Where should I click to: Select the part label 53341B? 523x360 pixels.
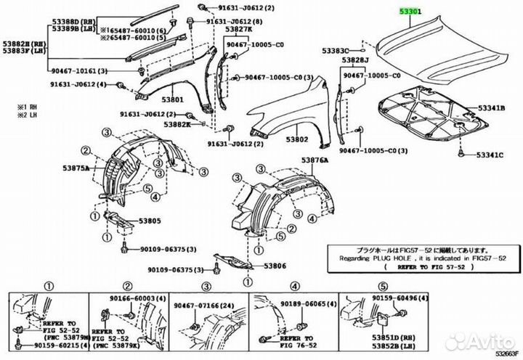tap(490, 108)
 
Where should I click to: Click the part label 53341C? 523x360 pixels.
tap(490, 155)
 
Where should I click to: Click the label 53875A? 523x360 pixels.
tap(75, 168)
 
